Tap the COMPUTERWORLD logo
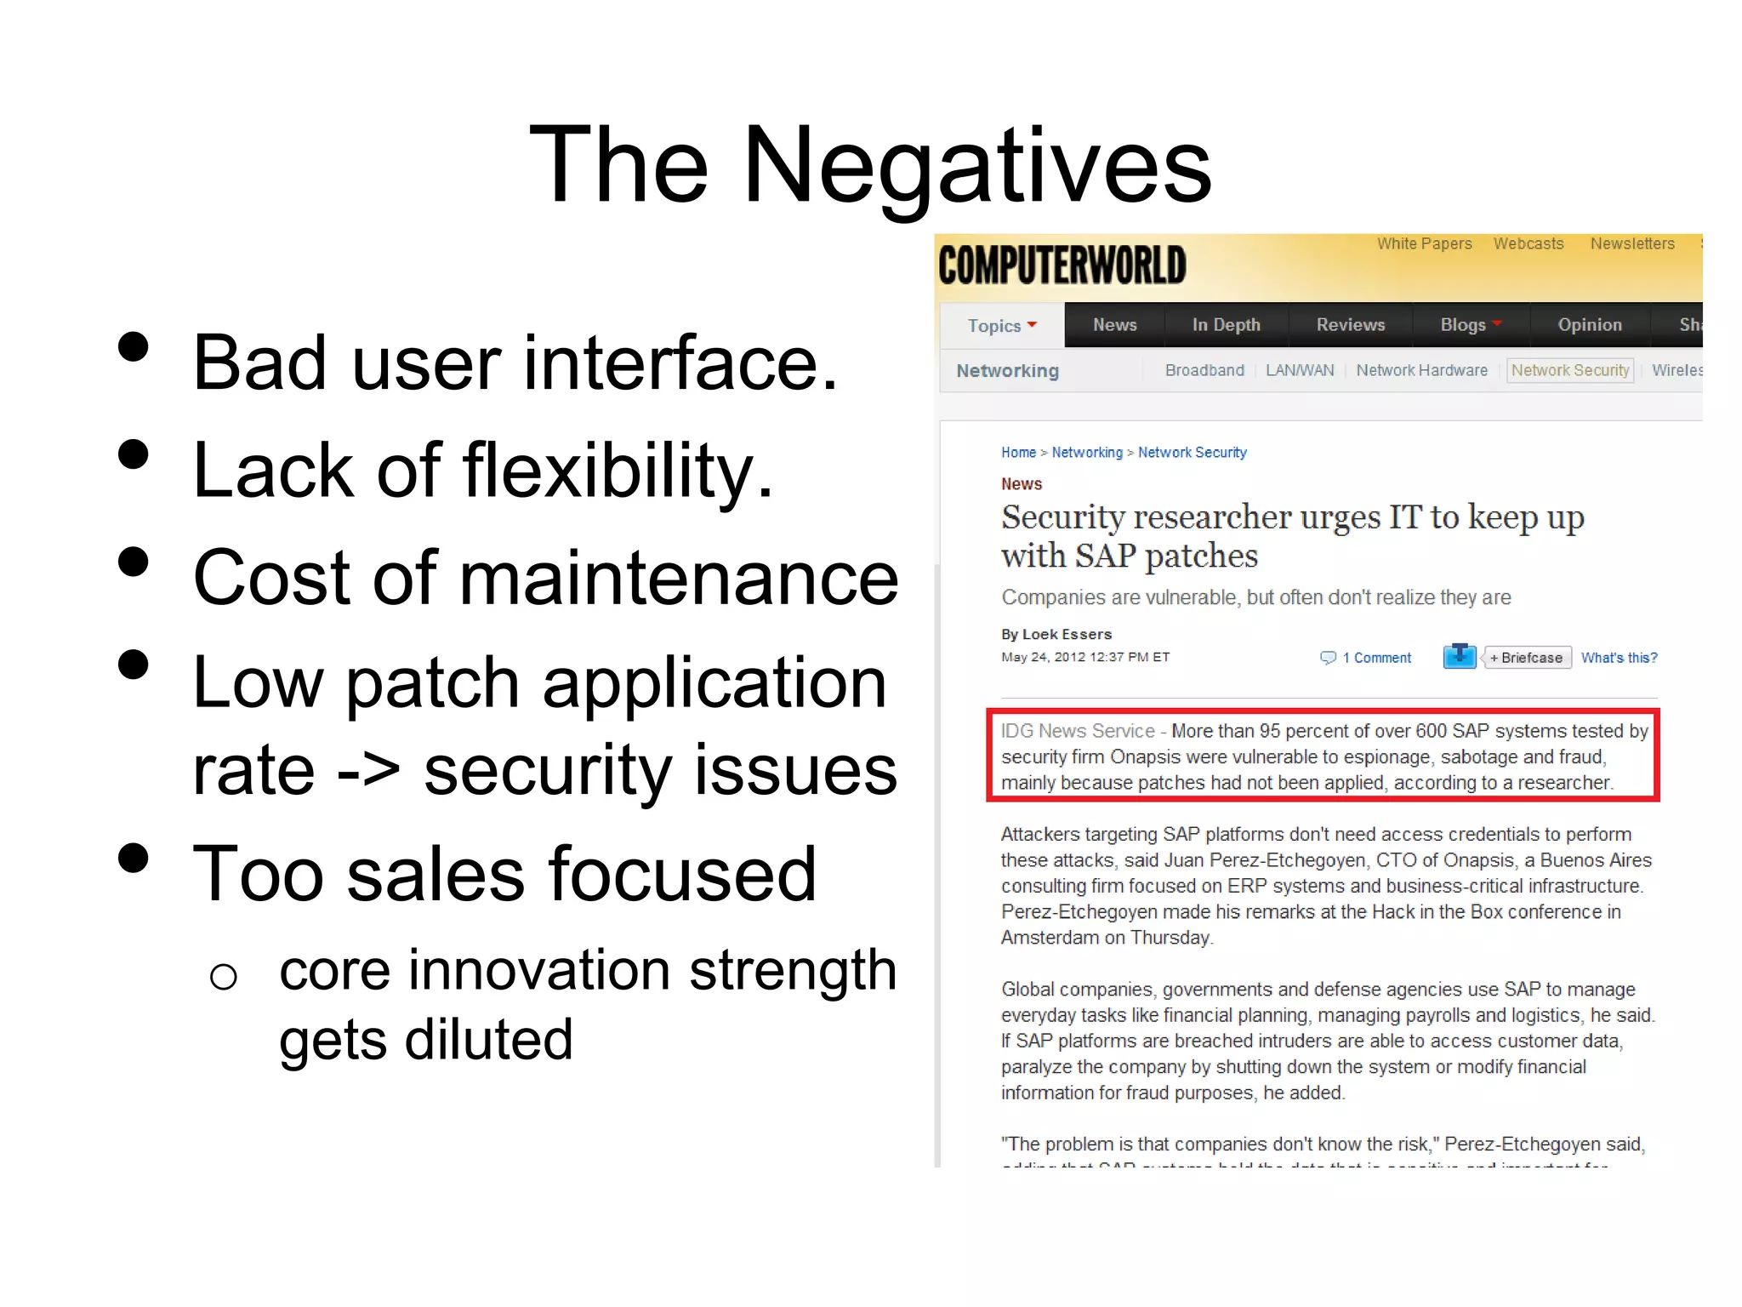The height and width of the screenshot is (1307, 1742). pyautogui.click(x=1062, y=265)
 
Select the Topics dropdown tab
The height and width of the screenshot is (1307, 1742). pyautogui.click(x=1002, y=326)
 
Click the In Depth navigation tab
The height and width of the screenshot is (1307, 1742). pyautogui.click(x=1226, y=325)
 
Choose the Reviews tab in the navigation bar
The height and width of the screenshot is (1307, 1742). pyautogui.click(x=1351, y=325)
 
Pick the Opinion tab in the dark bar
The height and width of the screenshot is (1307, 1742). pyautogui.click(x=1590, y=325)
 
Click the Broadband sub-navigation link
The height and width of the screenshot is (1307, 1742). pyautogui.click(x=1204, y=371)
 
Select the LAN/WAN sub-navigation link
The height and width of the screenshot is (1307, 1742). pyautogui.click(x=1300, y=371)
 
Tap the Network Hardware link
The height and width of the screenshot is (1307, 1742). pyautogui.click(x=1421, y=371)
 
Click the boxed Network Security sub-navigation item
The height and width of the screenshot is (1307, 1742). pyautogui.click(x=1570, y=371)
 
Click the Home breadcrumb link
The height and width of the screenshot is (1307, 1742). pyautogui.click(x=1018, y=453)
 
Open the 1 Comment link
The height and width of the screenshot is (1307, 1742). pyautogui.click(x=1375, y=658)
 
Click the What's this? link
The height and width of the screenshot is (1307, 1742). pyautogui.click(x=1619, y=658)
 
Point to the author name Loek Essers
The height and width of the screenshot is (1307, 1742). pyautogui.click(x=1067, y=635)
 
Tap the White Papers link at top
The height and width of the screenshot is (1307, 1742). pyautogui.click(x=1424, y=244)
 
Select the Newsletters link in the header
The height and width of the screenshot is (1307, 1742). pyautogui.click(x=1632, y=244)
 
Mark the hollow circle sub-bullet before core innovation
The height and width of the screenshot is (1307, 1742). pyautogui.click(x=223, y=977)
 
